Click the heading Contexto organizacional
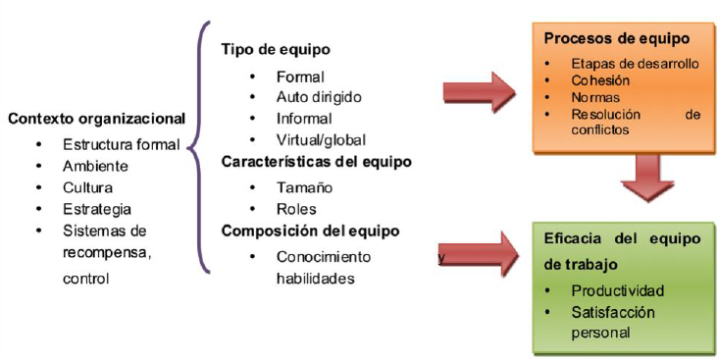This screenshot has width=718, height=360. [96, 119]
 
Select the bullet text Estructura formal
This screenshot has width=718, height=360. [121, 143]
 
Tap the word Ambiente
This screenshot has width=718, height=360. [96, 165]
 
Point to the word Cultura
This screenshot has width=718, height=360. [88, 186]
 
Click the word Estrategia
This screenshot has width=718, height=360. [97, 208]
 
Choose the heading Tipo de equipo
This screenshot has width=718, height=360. [276, 49]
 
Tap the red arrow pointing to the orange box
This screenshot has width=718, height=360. [481, 94]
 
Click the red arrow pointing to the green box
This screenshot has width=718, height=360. [481, 256]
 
